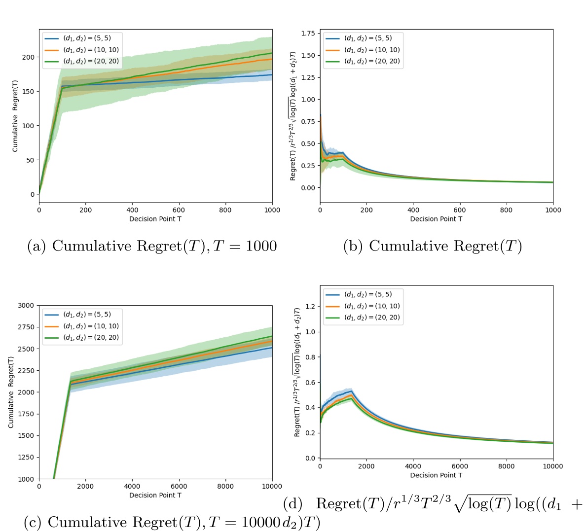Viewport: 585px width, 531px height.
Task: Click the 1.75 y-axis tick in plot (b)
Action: coord(308,34)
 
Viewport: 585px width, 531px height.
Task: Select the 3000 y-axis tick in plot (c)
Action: coord(26,306)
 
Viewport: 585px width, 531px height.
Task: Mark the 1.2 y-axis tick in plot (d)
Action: coord(310,307)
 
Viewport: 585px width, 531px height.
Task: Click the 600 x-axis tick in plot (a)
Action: coord(179,210)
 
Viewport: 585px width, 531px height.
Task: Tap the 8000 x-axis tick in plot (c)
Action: coord(225,486)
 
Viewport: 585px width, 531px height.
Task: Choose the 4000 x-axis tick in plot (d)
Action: coord(413,466)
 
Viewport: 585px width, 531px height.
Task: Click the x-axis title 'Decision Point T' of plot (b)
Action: coord(436,219)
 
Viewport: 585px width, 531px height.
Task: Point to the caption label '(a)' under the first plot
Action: coord(37,246)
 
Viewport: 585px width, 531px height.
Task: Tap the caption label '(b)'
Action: coord(353,246)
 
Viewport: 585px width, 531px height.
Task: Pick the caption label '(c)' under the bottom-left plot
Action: coord(33,522)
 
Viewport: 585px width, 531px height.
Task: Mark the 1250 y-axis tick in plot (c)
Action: coord(26,458)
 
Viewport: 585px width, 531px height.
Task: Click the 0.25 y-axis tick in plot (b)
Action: coord(308,166)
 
